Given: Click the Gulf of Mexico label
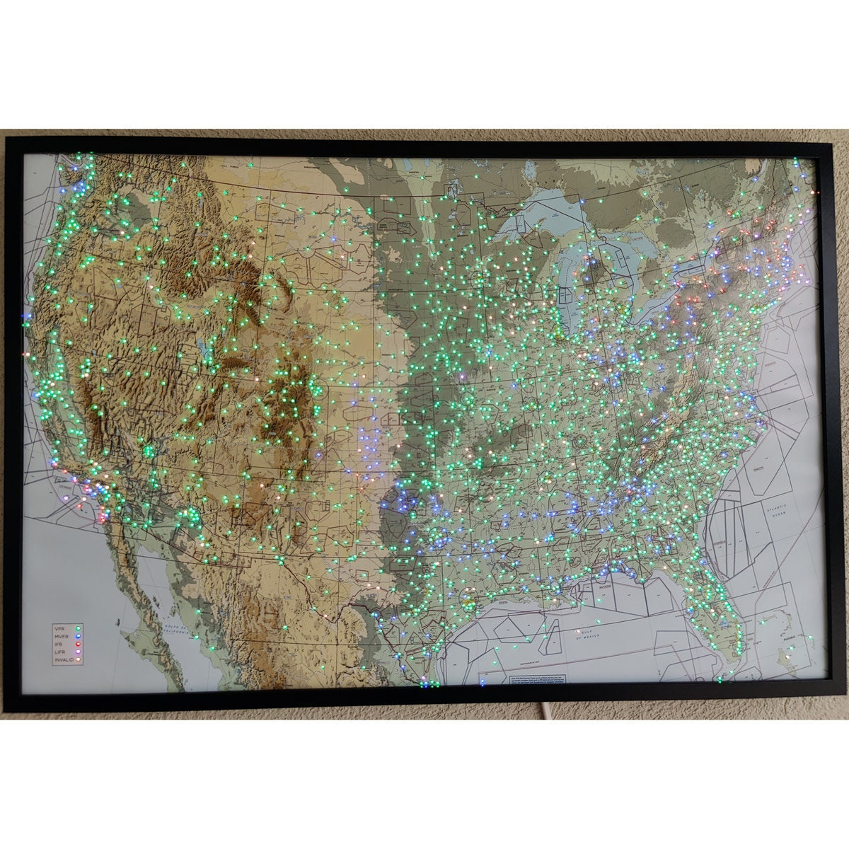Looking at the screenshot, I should (x=589, y=635).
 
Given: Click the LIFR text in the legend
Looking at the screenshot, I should (x=60, y=652).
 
